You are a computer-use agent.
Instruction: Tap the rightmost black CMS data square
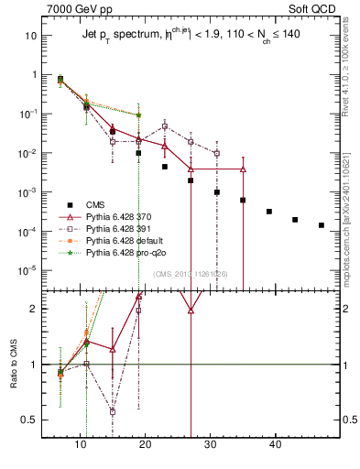click(x=321, y=224)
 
